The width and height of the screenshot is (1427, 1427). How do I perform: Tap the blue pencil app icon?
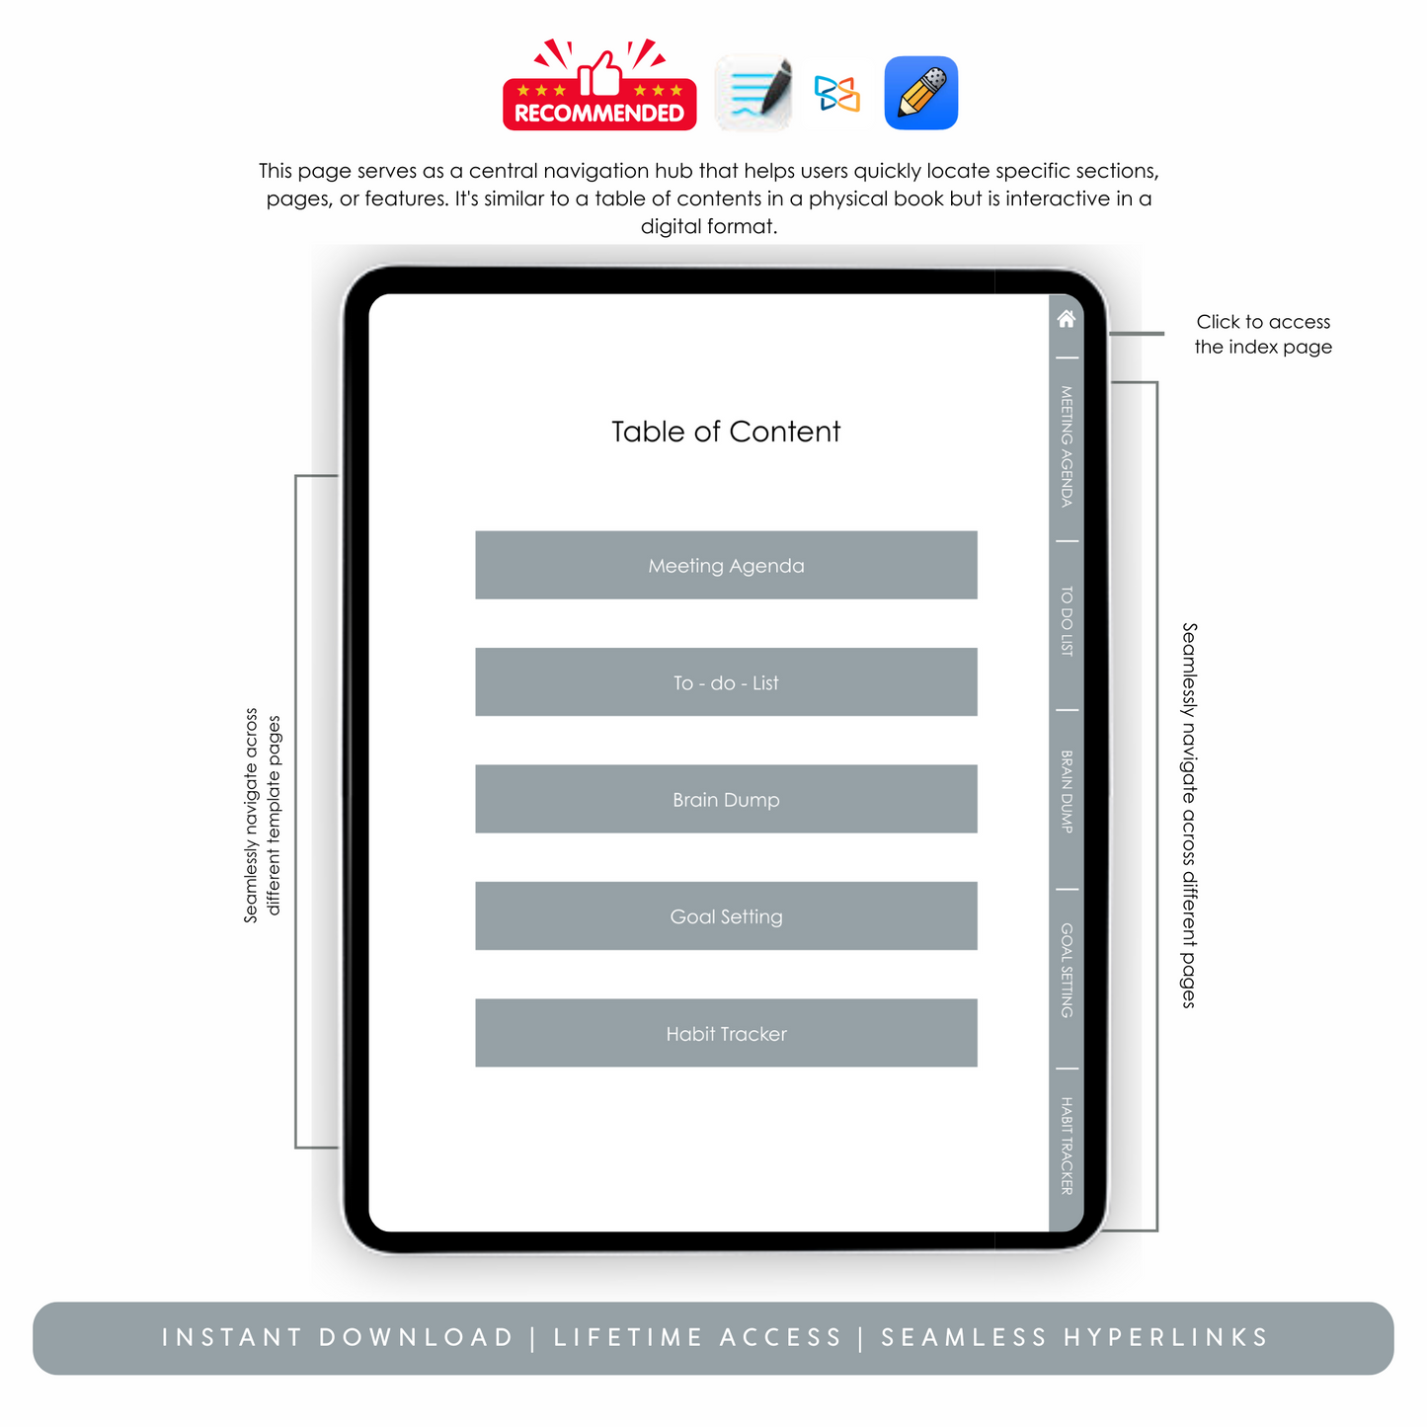920,93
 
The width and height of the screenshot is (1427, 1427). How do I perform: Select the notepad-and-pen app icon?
753,93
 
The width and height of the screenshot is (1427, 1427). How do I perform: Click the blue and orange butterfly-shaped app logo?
836,93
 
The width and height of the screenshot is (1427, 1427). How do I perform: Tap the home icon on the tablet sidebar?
1066,318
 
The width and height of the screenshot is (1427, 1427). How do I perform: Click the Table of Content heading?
726,431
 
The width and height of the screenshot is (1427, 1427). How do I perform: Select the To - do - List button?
726,681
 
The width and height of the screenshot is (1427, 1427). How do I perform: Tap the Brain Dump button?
726,798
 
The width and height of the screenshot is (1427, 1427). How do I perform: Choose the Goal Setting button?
726,915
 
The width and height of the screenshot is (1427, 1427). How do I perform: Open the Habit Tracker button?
726,1032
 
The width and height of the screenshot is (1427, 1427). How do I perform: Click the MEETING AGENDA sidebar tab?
1066,446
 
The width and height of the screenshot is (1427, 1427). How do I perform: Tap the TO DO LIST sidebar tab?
1066,620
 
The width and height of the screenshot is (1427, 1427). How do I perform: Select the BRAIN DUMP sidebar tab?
1066,791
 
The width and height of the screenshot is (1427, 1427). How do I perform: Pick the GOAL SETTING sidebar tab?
1066,970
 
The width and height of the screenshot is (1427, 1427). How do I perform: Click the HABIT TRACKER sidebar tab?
1066,1145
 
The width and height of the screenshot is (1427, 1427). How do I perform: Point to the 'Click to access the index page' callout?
1263,334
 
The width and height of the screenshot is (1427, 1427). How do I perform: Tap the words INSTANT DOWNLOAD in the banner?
338,1337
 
